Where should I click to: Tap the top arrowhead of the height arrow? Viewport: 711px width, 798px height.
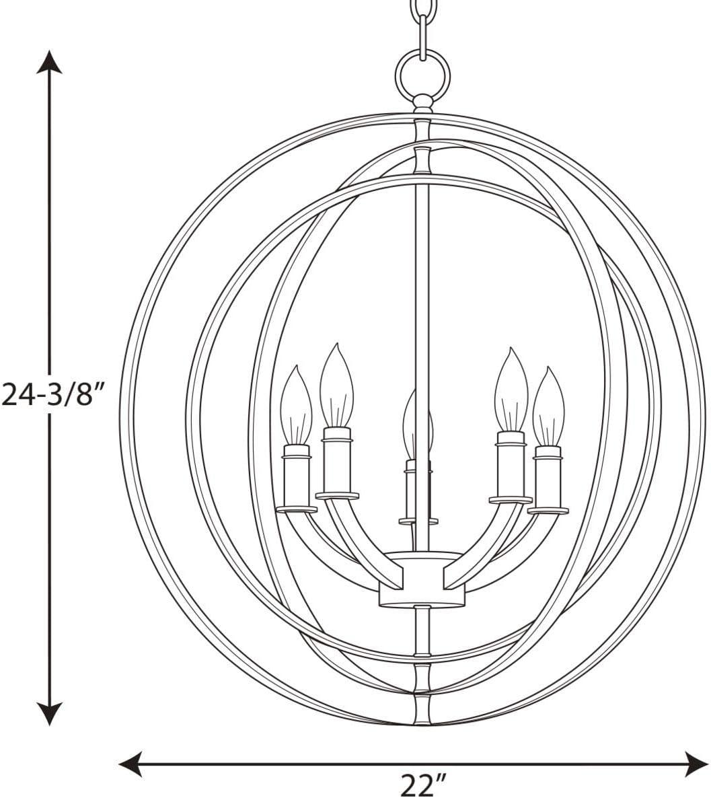pos(49,62)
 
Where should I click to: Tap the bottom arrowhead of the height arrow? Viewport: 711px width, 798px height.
pos(49,713)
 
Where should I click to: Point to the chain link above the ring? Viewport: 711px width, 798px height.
pos(423,36)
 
